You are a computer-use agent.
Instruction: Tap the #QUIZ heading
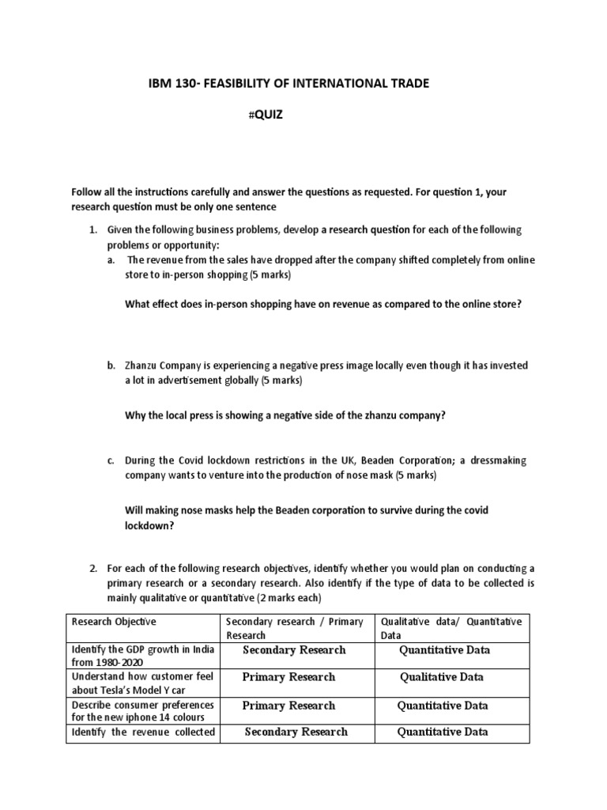pyautogui.click(x=265, y=115)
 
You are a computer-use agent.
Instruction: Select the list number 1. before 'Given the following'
pyautogui.click(x=92, y=229)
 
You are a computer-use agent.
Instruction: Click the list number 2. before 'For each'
pyautogui.click(x=92, y=569)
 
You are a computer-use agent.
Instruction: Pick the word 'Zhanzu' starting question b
pyautogui.click(x=141, y=366)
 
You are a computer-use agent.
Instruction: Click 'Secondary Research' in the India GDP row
pyautogui.click(x=295, y=650)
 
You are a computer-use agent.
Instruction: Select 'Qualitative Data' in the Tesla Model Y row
pyautogui.click(x=442, y=677)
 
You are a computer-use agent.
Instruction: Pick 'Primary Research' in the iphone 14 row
pyautogui.click(x=288, y=706)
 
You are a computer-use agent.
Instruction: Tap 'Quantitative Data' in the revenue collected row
pyautogui.click(x=443, y=732)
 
